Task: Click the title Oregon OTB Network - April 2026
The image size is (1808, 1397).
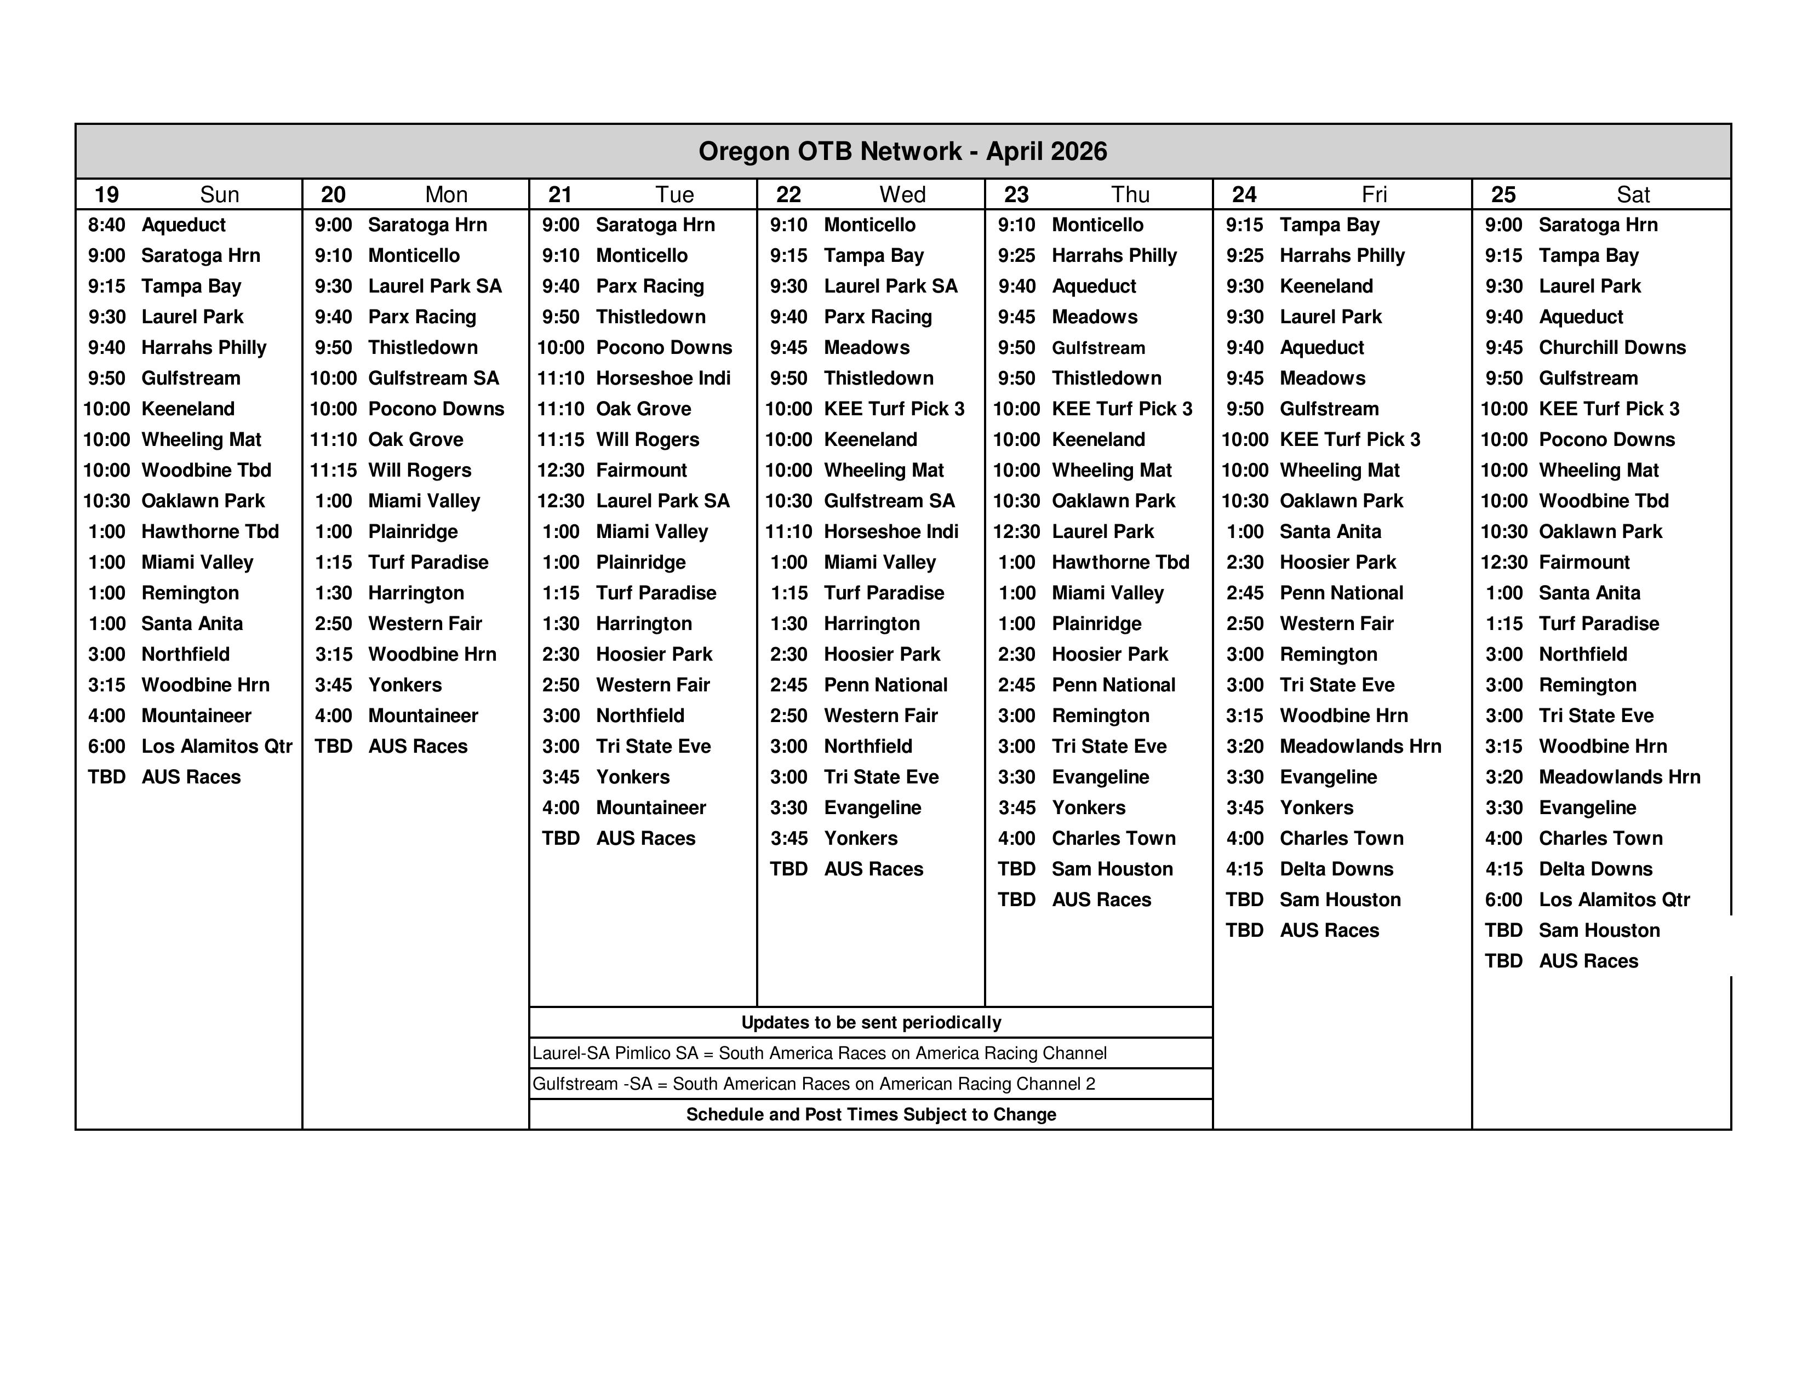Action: pyautogui.click(x=902, y=151)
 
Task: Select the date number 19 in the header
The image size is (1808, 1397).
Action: pyautogui.click(x=107, y=194)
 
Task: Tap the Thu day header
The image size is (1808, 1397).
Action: pyautogui.click(x=1130, y=194)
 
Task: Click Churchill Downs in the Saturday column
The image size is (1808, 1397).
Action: pyautogui.click(x=1612, y=347)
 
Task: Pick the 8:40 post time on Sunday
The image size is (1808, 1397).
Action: pyautogui.click(x=107, y=225)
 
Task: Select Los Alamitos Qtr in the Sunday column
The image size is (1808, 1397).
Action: pyautogui.click(x=217, y=747)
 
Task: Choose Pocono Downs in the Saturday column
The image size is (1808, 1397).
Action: pyautogui.click(x=1606, y=439)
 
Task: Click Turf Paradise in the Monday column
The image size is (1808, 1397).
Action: pyautogui.click(x=428, y=563)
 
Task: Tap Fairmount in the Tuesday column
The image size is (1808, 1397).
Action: pyautogui.click(x=642, y=470)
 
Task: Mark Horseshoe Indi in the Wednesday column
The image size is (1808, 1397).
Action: pyautogui.click(x=891, y=531)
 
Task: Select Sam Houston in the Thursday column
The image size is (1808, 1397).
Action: pyautogui.click(x=1112, y=869)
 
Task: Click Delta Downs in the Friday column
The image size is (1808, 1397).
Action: pyautogui.click(x=1336, y=869)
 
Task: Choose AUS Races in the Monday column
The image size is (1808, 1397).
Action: pyautogui.click(x=417, y=747)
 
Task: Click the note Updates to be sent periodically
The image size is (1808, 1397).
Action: pyautogui.click(x=871, y=1022)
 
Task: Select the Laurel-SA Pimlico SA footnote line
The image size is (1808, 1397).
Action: pyautogui.click(x=820, y=1054)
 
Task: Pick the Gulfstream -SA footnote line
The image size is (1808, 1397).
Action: pyautogui.click(x=814, y=1084)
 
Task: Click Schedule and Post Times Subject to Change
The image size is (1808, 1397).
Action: pyautogui.click(x=871, y=1115)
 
